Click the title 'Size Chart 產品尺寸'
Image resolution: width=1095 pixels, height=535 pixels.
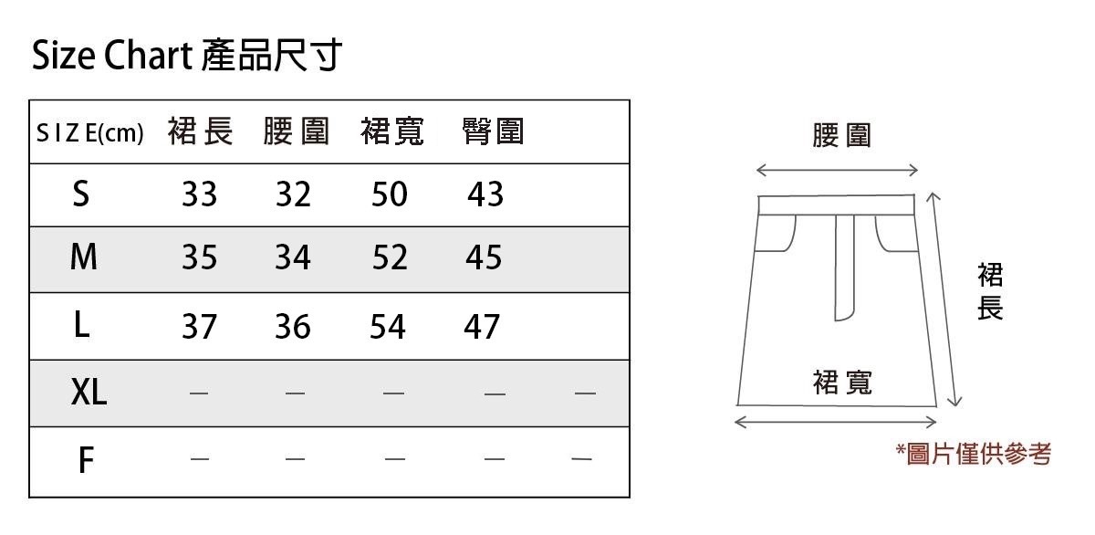pyautogui.click(x=187, y=56)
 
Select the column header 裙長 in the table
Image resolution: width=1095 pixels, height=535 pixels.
pyautogui.click(x=200, y=132)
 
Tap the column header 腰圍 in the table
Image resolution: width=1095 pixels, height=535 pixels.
pyautogui.click(x=296, y=132)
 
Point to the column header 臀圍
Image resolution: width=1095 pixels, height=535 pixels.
pyautogui.click(x=493, y=132)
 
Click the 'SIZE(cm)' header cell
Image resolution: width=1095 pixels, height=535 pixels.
pyautogui.click(x=89, y=134)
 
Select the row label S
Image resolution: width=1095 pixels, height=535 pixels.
pyautogui.click(x=81, y=194)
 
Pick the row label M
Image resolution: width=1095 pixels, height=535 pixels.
pyautogui.click(x=83, y=258)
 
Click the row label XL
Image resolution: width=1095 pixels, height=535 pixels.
pyautogui.click(x=89, y=393)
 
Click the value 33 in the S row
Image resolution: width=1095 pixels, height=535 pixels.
pyautogui.click(x=199, y=194)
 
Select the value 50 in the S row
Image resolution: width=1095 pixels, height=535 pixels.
pyautogui.click(x=390, y=194)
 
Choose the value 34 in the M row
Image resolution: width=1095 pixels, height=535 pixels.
pyautogui.click(x=293, y=259)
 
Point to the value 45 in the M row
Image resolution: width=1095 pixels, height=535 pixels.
pyautogui.click(x=484, y=259)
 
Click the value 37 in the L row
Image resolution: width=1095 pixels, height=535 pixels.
pyautogui.click(x=199, y=326)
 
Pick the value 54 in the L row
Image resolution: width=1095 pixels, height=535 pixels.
pyautogui.click(x=388, y=326)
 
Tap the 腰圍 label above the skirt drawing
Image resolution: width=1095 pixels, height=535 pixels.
pyautogui.click(x=841, y=136)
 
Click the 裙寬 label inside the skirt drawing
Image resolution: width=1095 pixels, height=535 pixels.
pyautogui.click(x=841, y=383)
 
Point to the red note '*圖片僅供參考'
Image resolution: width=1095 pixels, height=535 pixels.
pyautogui.click(x=974, y=454)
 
